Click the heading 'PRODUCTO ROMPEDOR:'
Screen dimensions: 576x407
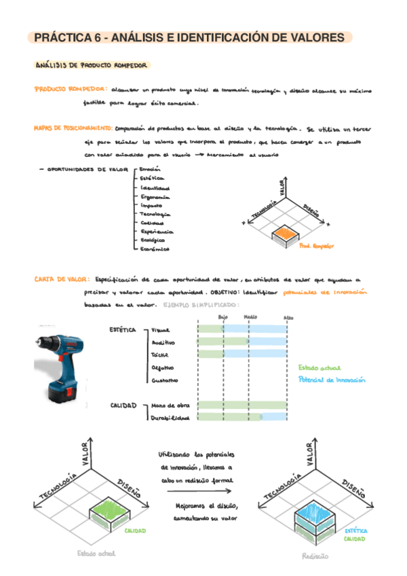click(x=69, y=89)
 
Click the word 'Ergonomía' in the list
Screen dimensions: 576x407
click(x=155, y=196)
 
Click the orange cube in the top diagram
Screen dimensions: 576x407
click(x=284, y=235)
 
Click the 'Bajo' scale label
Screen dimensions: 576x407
click(x=223, y=317)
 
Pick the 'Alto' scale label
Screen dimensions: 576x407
click(x=288, y=317)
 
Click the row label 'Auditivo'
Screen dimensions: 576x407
click(x=163, y=342)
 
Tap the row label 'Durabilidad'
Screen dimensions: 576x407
click(x=169, y=418)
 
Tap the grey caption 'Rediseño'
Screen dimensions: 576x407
click(x=315, y=556)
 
